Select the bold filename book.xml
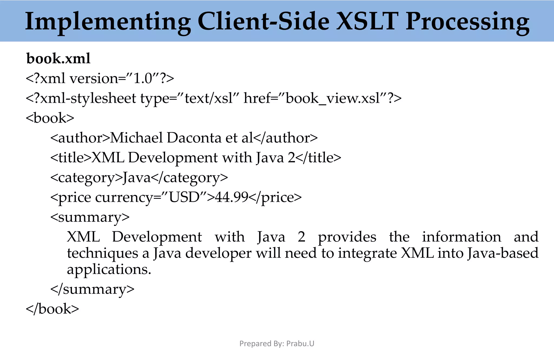(58, 58)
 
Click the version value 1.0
(143, 78)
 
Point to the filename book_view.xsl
(333, 98)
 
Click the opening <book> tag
(50, 118)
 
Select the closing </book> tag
(52, 309)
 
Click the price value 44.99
(232, 197)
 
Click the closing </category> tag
(190, 178)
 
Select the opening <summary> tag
(90, 217)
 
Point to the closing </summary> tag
(92, 289)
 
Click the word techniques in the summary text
(103, 253)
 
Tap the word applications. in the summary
(109, 269)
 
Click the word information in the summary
(461, 237)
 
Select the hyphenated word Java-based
(503, 253)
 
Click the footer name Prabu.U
(300, 344)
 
